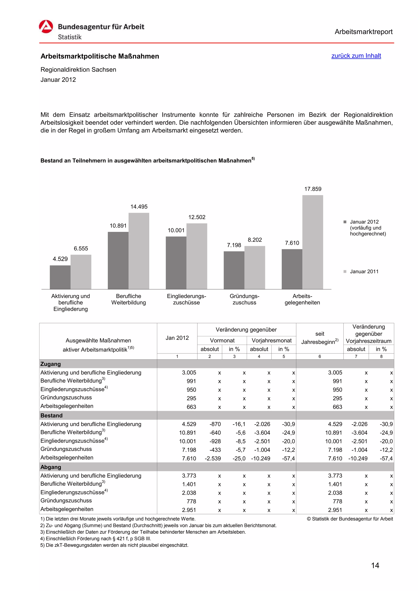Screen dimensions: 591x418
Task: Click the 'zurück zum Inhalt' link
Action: (x=356, y=56)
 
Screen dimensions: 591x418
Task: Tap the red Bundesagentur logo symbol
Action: (x=46, y=27)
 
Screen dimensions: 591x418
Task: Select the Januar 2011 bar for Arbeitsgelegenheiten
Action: (x=312, y=242)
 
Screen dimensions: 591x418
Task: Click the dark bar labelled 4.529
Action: (x=60, y=277)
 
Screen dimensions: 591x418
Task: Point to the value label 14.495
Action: (x=139, y=207)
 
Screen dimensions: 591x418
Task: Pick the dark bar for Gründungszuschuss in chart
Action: (x=234, y=270)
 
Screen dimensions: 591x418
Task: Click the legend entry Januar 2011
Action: (x=364, y=272)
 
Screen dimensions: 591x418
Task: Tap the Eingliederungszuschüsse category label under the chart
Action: (x=187, y=299)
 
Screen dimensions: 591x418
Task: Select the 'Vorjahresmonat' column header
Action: (x=271, y=341)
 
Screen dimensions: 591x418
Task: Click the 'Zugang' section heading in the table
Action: (x=51, y=364)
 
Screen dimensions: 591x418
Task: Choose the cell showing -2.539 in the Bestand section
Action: (x=213, y=458)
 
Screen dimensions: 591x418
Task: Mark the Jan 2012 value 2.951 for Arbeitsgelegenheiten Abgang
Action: (x=189, y=510)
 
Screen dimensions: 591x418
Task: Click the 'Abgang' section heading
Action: (x=51, y=467)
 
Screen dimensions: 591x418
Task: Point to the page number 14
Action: (x=375, y=566)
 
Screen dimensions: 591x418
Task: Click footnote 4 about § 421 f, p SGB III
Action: (x=96, y=539)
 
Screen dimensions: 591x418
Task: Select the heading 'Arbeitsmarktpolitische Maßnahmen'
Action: (x=100, y=56)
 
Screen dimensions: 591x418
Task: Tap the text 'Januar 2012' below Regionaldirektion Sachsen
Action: (x=58, y=80)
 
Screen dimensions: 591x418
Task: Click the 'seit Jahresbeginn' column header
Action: (x=320, y=338)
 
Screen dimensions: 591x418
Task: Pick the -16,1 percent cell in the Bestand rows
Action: (x=239, y=424)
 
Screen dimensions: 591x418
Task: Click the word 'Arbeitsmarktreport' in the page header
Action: (x=363, y=32)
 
